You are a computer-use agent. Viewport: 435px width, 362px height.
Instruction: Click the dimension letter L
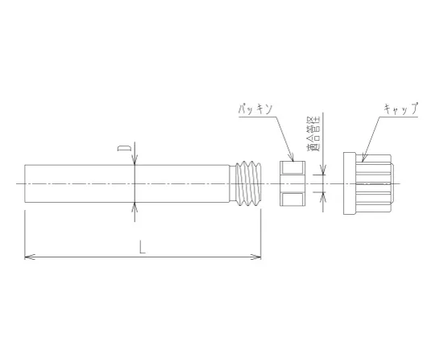click(143, 249)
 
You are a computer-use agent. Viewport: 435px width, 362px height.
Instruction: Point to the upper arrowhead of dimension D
click(135, 160)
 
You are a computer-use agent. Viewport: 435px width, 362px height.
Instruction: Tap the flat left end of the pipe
click(26, 184)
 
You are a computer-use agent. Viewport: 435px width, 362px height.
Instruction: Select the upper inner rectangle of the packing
click(292, 168)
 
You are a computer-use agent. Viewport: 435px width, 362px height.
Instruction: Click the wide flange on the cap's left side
click(348, 184)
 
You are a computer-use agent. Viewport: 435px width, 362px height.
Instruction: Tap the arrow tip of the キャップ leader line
click(363, 157)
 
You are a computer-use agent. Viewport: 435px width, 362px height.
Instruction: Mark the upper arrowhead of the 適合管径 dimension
click(324, 171)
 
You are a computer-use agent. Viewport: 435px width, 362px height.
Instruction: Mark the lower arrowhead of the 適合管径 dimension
click(324, 196)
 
